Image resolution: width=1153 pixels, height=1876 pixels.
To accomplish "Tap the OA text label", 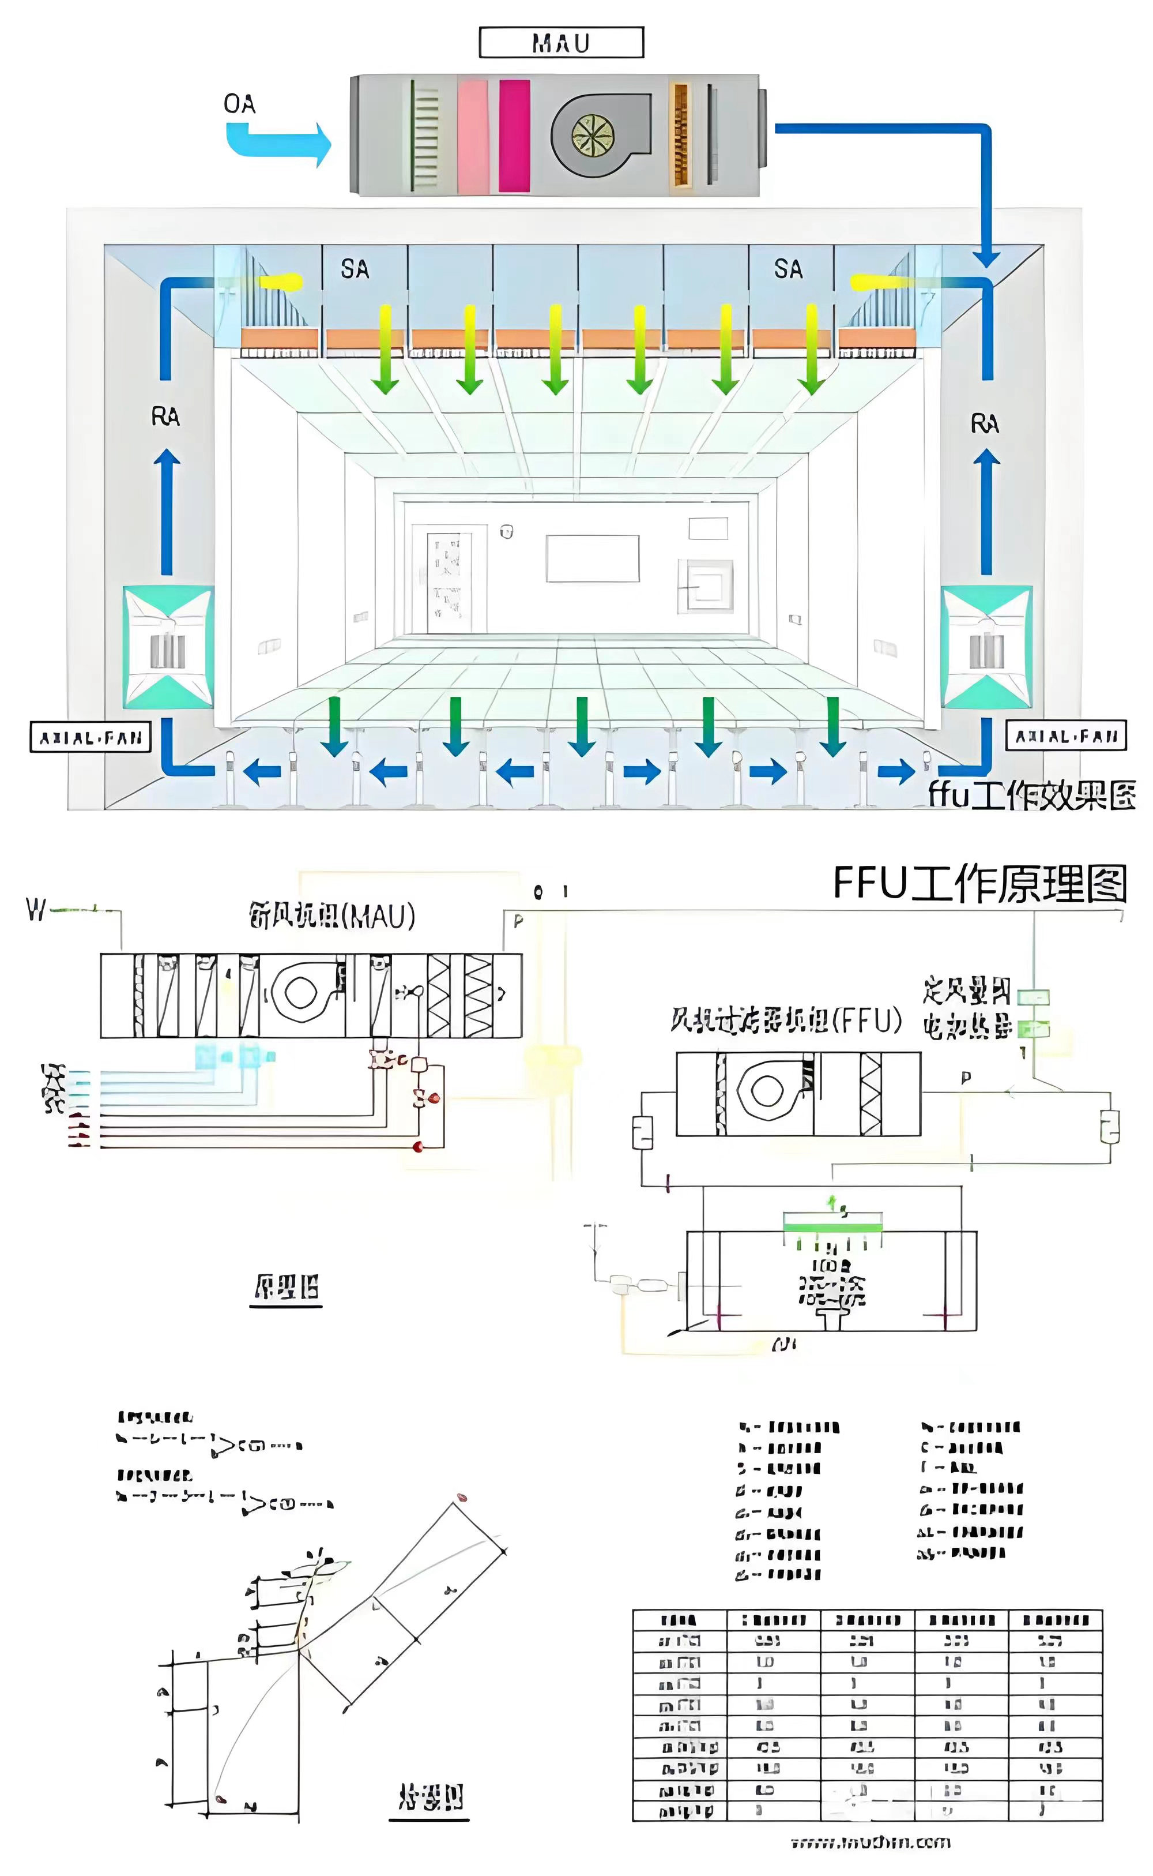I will (239, 104).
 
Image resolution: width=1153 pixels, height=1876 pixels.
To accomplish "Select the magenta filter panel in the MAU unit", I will (514, 136).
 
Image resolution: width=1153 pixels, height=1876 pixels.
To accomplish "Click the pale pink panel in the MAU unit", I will (473, 136).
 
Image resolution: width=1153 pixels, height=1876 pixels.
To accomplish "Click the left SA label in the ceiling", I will (355, 269).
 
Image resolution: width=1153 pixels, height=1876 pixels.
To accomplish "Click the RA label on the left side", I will (165, 417).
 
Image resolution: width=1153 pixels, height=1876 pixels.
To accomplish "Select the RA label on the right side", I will (985, 423).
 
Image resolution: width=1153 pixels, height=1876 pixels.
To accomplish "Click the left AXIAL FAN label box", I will (91, 738).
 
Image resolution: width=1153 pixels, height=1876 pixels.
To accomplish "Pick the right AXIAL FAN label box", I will (1065, 736).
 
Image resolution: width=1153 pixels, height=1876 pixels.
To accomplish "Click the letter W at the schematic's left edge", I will (36, 909).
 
